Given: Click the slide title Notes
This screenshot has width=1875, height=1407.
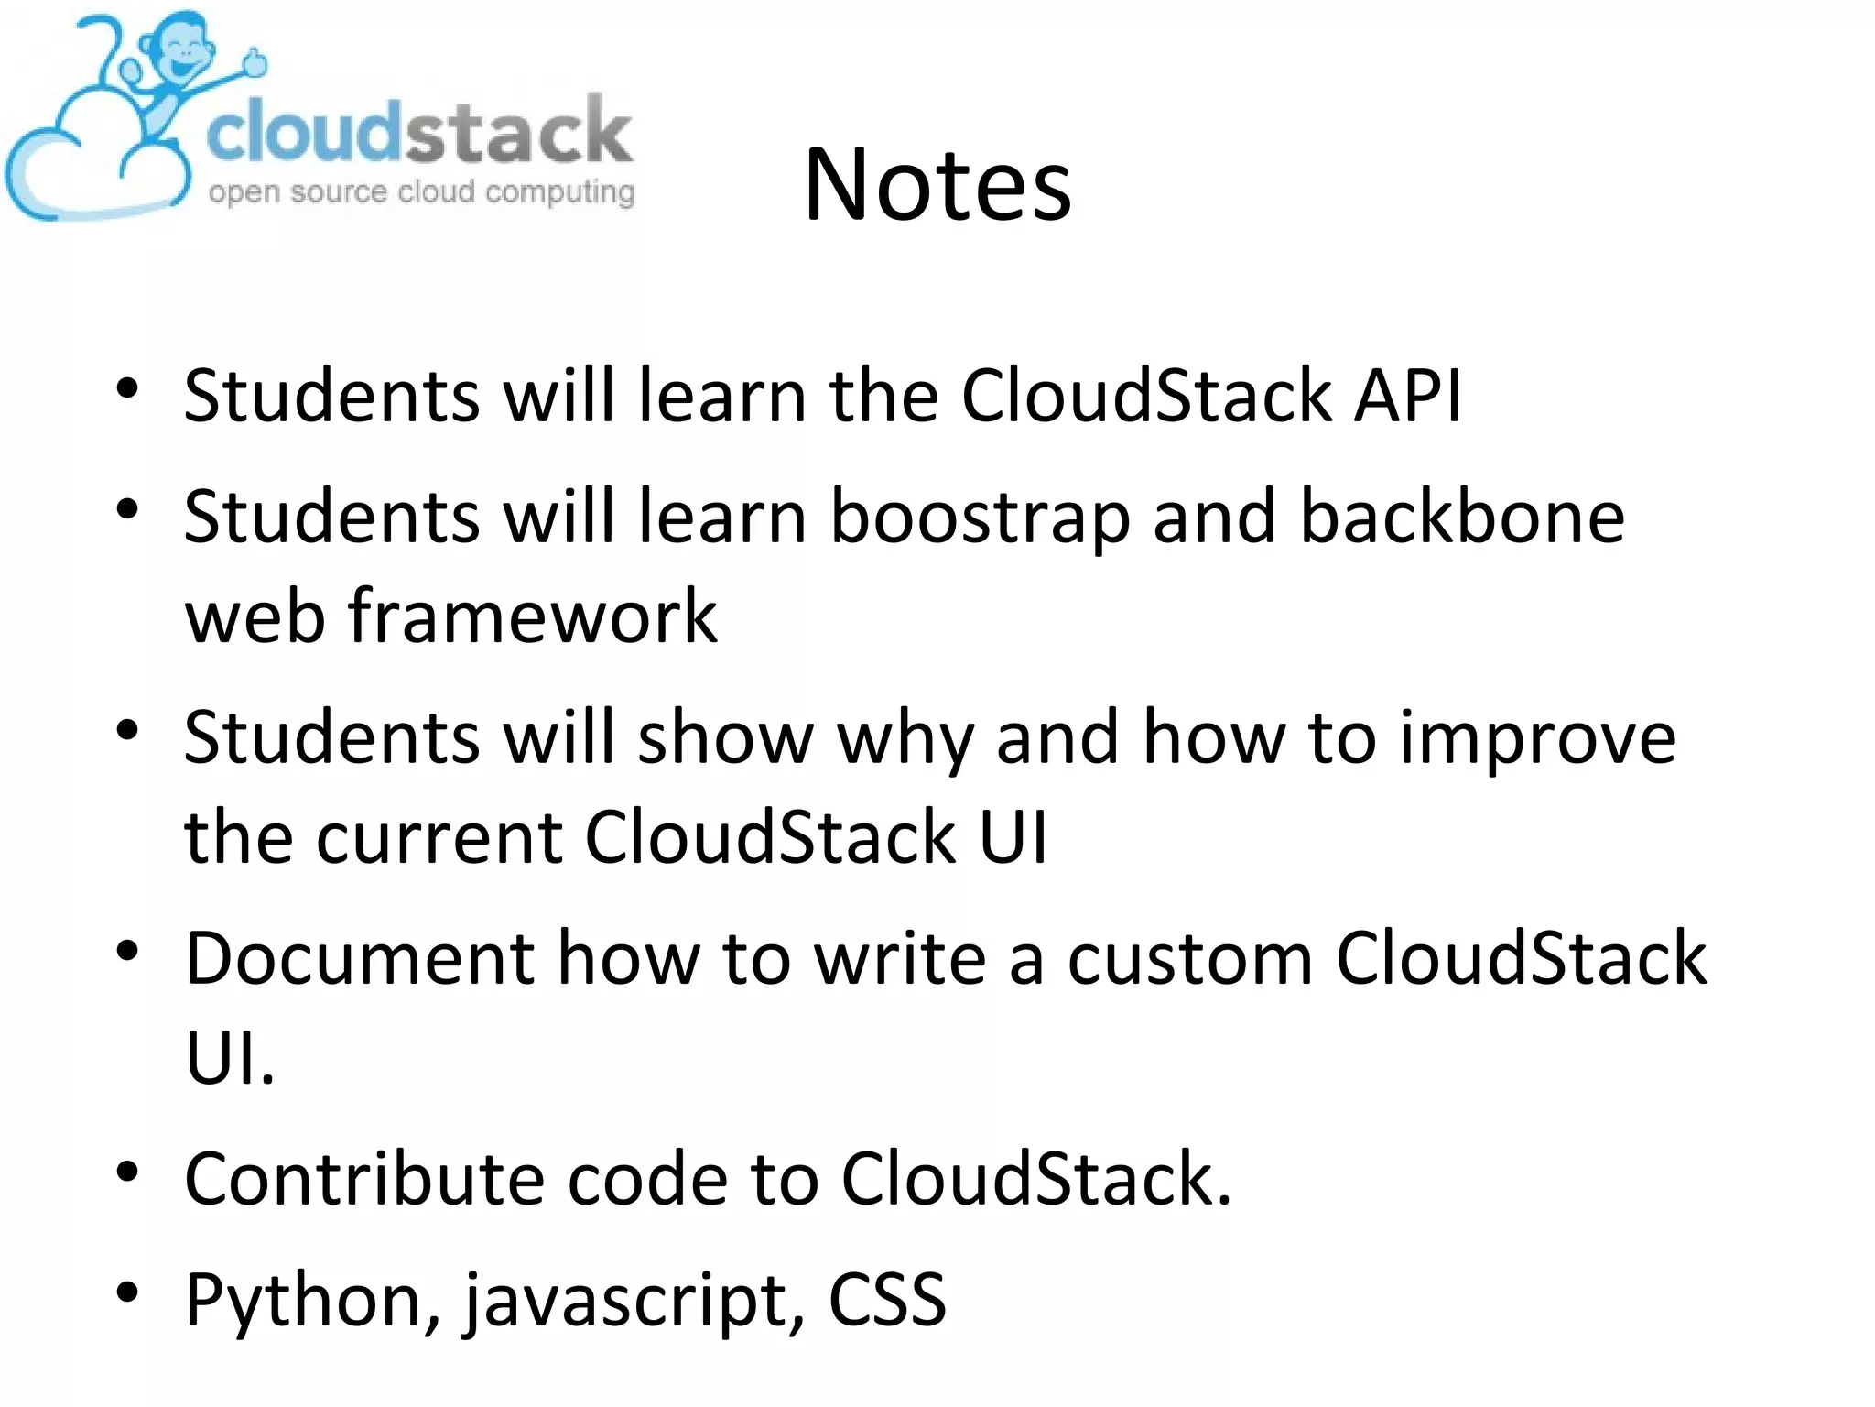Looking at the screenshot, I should pyautogui.click(x=937, y=186).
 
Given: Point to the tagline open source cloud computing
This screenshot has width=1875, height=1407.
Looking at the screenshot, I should pyautogui.click(x=421, y=192).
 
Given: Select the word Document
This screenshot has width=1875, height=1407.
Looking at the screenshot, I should pyautogui.click(x=360, y=958).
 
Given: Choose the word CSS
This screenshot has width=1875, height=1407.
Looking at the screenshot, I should pyautogui.click(x=886, y=1299).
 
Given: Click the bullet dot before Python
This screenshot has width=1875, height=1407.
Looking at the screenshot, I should pyautogui.click(x=127, y=1292).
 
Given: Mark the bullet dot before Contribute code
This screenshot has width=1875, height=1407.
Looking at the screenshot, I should pyautogui.click(x=127, y=1172).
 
